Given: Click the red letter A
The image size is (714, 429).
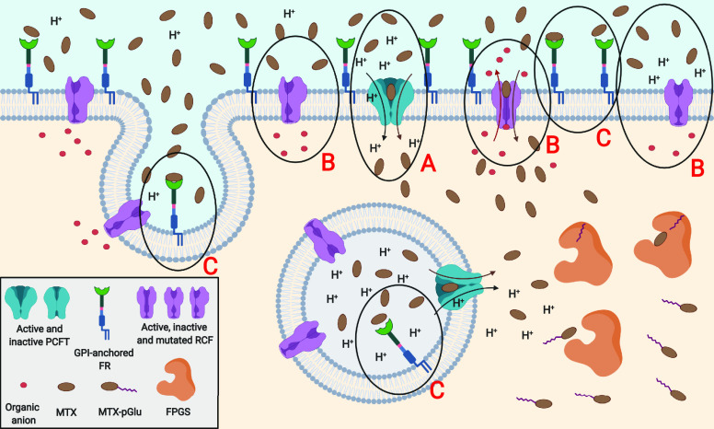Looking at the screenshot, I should [426, 166].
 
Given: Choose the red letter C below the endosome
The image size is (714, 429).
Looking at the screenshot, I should [438, 388].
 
